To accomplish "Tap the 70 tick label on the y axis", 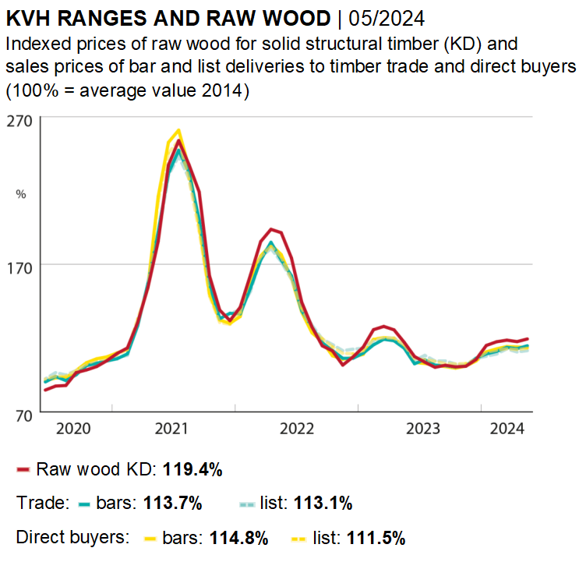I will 18,414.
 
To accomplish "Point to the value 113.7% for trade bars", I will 173,504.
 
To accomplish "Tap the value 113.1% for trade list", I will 323,504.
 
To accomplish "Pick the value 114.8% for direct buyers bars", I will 238,538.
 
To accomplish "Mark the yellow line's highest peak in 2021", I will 179,130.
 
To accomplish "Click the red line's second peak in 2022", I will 270,228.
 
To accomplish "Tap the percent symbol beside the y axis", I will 21,194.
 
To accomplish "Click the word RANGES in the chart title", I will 99,16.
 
